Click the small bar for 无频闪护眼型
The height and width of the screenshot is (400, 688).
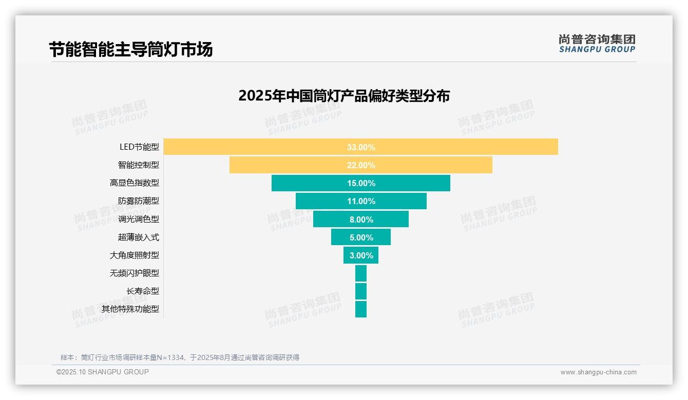(361, 273)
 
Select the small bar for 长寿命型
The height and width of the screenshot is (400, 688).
(361, 291)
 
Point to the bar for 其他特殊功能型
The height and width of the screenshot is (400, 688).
(361, 309)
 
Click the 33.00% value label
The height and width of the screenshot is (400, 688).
(361, 147)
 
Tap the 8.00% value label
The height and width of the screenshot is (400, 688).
(361, 219)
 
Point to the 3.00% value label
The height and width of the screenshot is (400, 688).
(361, 255)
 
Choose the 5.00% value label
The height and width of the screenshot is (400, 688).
(361, 237)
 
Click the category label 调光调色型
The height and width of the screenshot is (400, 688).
(139, 219)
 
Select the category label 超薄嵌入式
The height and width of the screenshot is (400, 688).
(139, 237)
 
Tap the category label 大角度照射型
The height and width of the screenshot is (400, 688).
(135, 255)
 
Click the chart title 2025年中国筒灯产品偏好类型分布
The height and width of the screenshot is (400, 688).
(344, 96)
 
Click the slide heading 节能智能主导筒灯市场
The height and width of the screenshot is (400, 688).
(131, 50)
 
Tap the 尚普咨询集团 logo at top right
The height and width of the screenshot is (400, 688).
(597, 44)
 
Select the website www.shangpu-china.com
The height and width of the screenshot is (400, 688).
(598, 372)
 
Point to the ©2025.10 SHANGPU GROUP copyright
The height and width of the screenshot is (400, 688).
(103, 372)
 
